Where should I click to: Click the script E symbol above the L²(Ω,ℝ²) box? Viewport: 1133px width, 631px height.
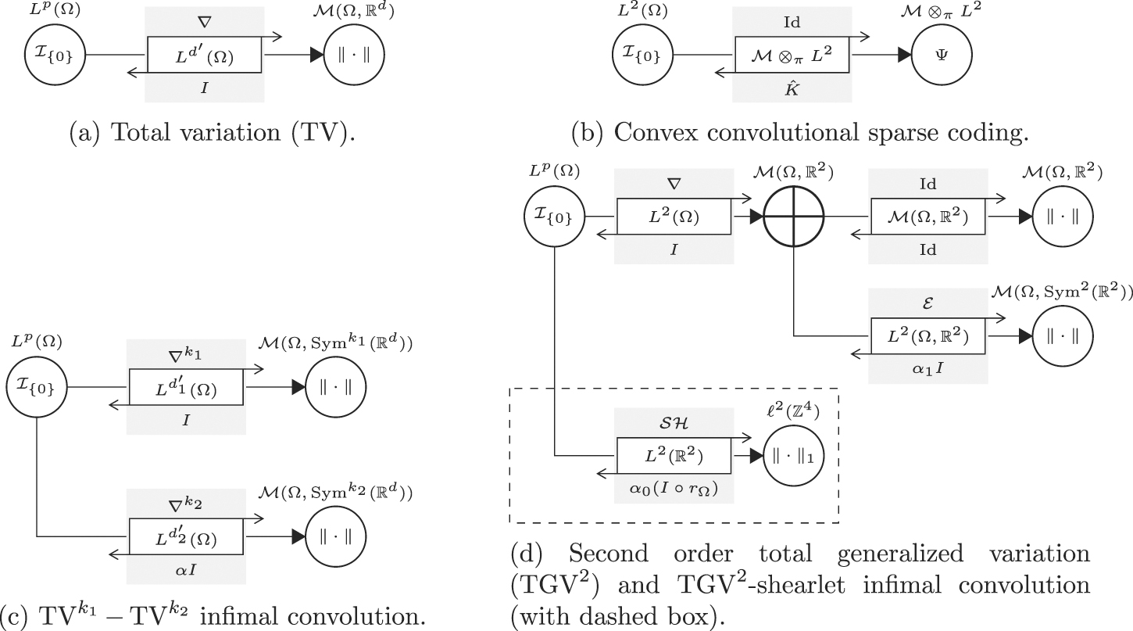coord(927,302)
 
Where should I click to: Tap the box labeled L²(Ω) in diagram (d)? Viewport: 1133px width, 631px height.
coord(674,215)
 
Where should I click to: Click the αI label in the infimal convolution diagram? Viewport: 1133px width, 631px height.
coord(186,571)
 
